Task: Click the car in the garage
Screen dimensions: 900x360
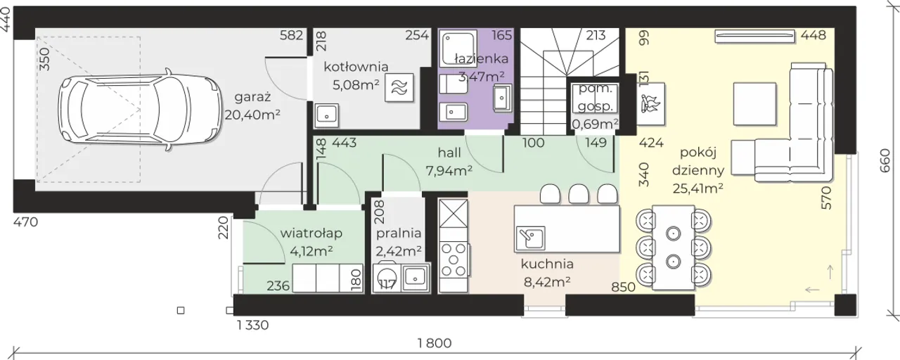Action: (x=139, y=110)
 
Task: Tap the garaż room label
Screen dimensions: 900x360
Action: (x=252, y=97)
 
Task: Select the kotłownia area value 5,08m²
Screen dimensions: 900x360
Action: (x=356, y=85)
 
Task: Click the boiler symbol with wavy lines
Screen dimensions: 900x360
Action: (x=399, y=88)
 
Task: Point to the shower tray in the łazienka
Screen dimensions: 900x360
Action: (x=458, y=48)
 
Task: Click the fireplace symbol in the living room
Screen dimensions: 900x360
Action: (x=650, y=104)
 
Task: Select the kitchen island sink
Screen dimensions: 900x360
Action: (x=530, y=238)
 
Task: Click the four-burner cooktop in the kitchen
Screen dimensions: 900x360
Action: (x=454, y=259)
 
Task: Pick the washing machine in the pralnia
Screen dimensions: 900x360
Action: (x=387, y=277)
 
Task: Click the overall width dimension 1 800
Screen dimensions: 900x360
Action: (x=435, y=343)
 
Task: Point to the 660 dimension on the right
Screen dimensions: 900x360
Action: (x=885, y=161)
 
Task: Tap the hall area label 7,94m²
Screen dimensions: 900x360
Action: (x=449, y=171)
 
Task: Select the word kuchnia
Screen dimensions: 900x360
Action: (x=547, y=264)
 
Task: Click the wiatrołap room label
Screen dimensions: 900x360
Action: (x=311, y=233)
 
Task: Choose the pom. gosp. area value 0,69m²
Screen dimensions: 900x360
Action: (x=595, y=124)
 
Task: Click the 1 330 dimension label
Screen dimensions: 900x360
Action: (x=252, y=325)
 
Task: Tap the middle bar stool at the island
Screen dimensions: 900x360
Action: (x=579, y=193)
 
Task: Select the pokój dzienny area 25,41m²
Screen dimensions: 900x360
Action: (x=698, y=188)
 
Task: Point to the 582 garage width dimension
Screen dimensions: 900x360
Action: (x=291, y=35)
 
